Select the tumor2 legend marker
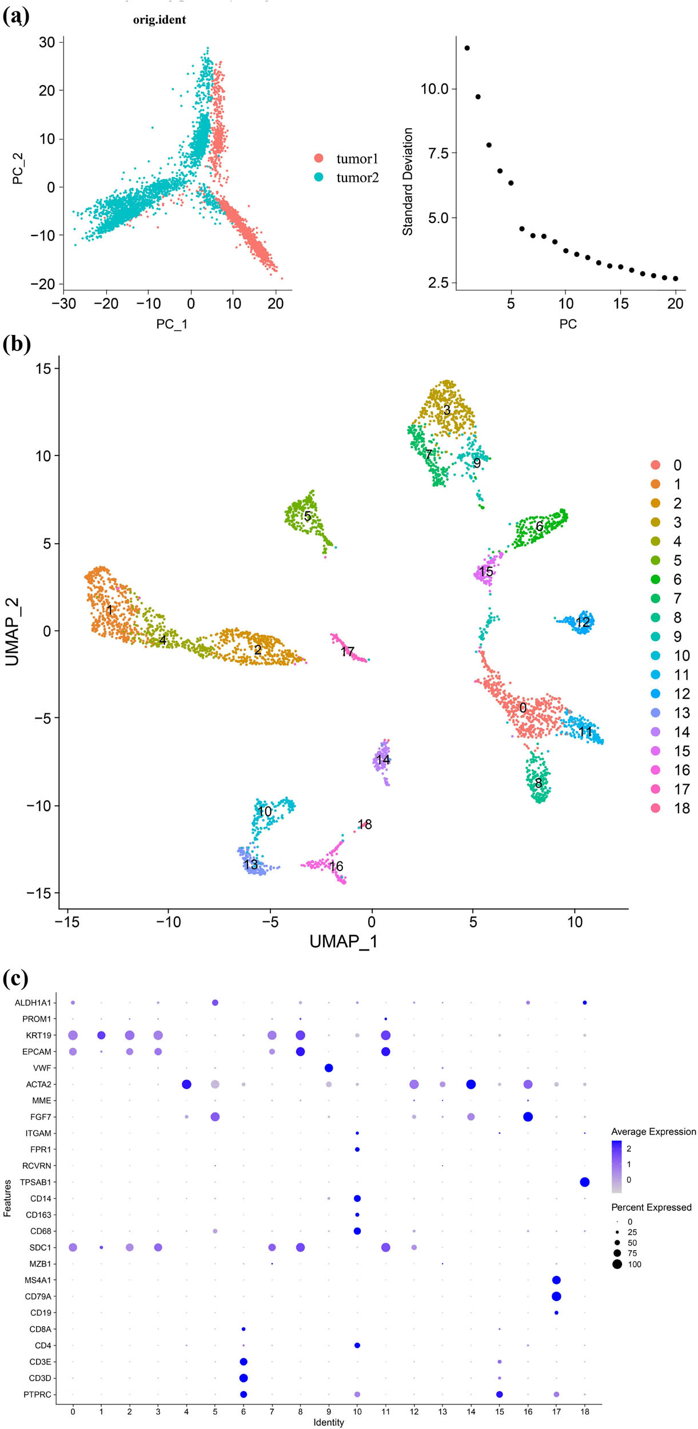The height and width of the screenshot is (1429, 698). click(x=318, y=177)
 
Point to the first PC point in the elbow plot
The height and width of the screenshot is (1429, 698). click(x=467, y=48)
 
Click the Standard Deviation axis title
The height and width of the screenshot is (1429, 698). click(x=408, y=181)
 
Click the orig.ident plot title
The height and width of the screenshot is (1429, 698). click(x=159, y=20)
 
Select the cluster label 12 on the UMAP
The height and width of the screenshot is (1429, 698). click(x=583, y=622)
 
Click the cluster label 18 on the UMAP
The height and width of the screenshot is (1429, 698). click(x=365, y=824)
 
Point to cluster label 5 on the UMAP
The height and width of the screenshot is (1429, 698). click(x=308, y=516)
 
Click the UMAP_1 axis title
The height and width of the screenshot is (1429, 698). click(x=343, y=941)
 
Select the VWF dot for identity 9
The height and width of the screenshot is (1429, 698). click(x=329, y=1068)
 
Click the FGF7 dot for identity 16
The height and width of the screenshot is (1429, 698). click(x=528, y=1117)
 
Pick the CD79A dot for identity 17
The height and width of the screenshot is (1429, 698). click(x=556, y=1296)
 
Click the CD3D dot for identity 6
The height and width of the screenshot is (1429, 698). click(x=244, y=1378)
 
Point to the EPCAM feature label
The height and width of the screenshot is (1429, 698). click(x=37, y=1052)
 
